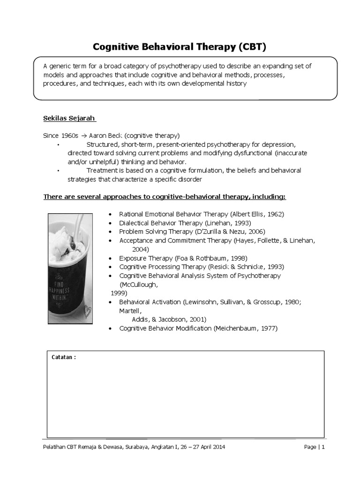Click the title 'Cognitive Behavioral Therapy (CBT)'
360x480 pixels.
[x=180, y=47]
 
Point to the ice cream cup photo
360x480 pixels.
[x=70, y=269]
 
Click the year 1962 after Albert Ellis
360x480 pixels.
[x=275, y=214]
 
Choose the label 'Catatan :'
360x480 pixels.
[x=64, y=357]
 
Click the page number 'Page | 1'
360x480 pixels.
[x=314, y=447]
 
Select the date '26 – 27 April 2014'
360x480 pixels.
[x=200, y=447]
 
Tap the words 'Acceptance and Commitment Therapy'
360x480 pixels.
[x=175, y=240]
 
